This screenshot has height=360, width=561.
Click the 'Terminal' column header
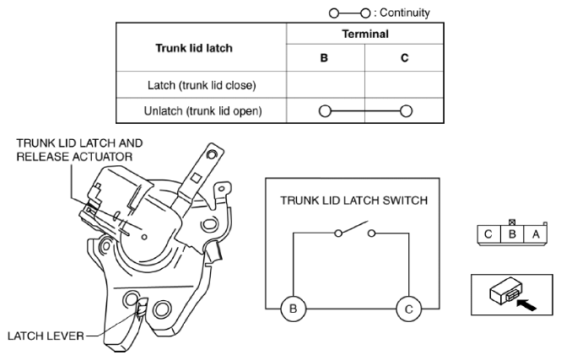pos(365,34)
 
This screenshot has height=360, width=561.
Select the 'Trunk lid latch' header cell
pos(194,48)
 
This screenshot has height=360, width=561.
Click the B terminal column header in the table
pos(324,58)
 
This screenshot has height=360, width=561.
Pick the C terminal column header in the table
pos(405,58)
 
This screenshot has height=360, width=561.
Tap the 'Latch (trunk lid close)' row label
pos(202,85)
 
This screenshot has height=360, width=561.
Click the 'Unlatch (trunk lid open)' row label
pos(202,110)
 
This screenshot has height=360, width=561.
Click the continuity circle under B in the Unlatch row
pos(325,110)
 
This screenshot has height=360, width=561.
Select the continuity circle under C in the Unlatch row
pos(406,110)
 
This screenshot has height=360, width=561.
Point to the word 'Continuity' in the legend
pos(405,13)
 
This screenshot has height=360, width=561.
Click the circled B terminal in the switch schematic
pos(293,309)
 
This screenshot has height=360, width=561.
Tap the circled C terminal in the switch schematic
pos(409,309)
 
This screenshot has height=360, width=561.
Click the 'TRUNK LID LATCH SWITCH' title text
pos(353,200)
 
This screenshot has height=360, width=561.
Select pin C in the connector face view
pos(488,234)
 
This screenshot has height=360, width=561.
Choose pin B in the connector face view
pos(512,234)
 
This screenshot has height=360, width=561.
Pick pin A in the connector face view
pos(535,234)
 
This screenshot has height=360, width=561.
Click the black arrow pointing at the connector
pos(526,305)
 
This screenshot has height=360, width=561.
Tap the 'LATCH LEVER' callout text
pos(46,336)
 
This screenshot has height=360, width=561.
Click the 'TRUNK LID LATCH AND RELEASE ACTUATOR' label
pos(79,150)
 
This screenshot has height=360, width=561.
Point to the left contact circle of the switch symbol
pos(338,234)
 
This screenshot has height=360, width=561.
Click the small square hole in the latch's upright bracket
pos(196,178)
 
